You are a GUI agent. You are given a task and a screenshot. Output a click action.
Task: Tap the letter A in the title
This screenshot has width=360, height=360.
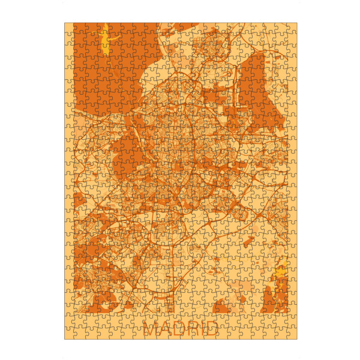pos(166,328)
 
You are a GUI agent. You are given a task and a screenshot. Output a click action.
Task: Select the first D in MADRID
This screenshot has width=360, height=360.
pos(179,328)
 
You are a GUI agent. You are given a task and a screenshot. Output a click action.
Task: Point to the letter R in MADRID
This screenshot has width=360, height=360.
pos(193,328)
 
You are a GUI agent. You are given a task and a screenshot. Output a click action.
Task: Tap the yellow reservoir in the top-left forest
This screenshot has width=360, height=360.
pos(106,40)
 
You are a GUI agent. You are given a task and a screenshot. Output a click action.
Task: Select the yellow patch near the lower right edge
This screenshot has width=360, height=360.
pos(278,278)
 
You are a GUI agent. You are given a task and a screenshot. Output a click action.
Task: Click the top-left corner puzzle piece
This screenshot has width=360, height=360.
pos(70,28)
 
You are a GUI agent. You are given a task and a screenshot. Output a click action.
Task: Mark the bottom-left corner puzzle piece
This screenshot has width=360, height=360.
pos(70,334)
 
